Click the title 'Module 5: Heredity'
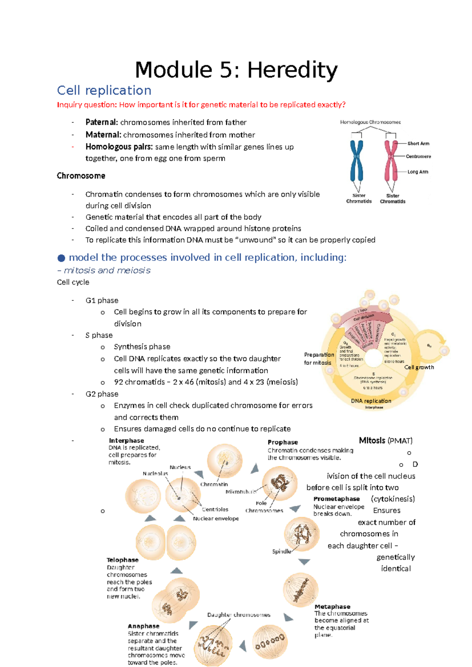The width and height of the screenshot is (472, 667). click(x=236, y=70)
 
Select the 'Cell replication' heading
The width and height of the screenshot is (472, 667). click(x=104, y=90)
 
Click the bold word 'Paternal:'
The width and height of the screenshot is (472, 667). click(x=101, y=122)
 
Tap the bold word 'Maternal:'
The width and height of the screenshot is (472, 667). click(x=103, y=135)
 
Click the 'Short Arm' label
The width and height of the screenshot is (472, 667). click(x=418, y=144)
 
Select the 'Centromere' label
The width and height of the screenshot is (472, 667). click(x=418, y=157)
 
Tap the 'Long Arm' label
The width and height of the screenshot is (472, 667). click(x=418, y=172)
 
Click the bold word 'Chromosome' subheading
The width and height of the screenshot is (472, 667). click(x=81, y=176)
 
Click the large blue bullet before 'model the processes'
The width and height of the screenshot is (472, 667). click(x=61, y=258)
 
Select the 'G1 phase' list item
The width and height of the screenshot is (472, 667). click(x=102, y=300)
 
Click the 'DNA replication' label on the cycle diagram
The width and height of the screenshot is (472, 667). click(x=371, y=401)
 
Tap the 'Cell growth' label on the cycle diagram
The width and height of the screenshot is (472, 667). click(x=419, y=367)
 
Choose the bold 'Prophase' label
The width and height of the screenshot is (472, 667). click(x=282, y=442)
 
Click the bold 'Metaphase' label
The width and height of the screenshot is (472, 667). click(x=332, y=607)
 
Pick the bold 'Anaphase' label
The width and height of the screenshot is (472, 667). click(x=144, y=626)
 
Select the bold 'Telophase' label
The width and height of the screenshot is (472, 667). click(x=122, y=560)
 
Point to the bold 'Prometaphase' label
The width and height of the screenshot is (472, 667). click(x=336, y=499)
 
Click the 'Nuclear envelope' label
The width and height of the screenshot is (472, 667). click(x=216, y=519)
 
